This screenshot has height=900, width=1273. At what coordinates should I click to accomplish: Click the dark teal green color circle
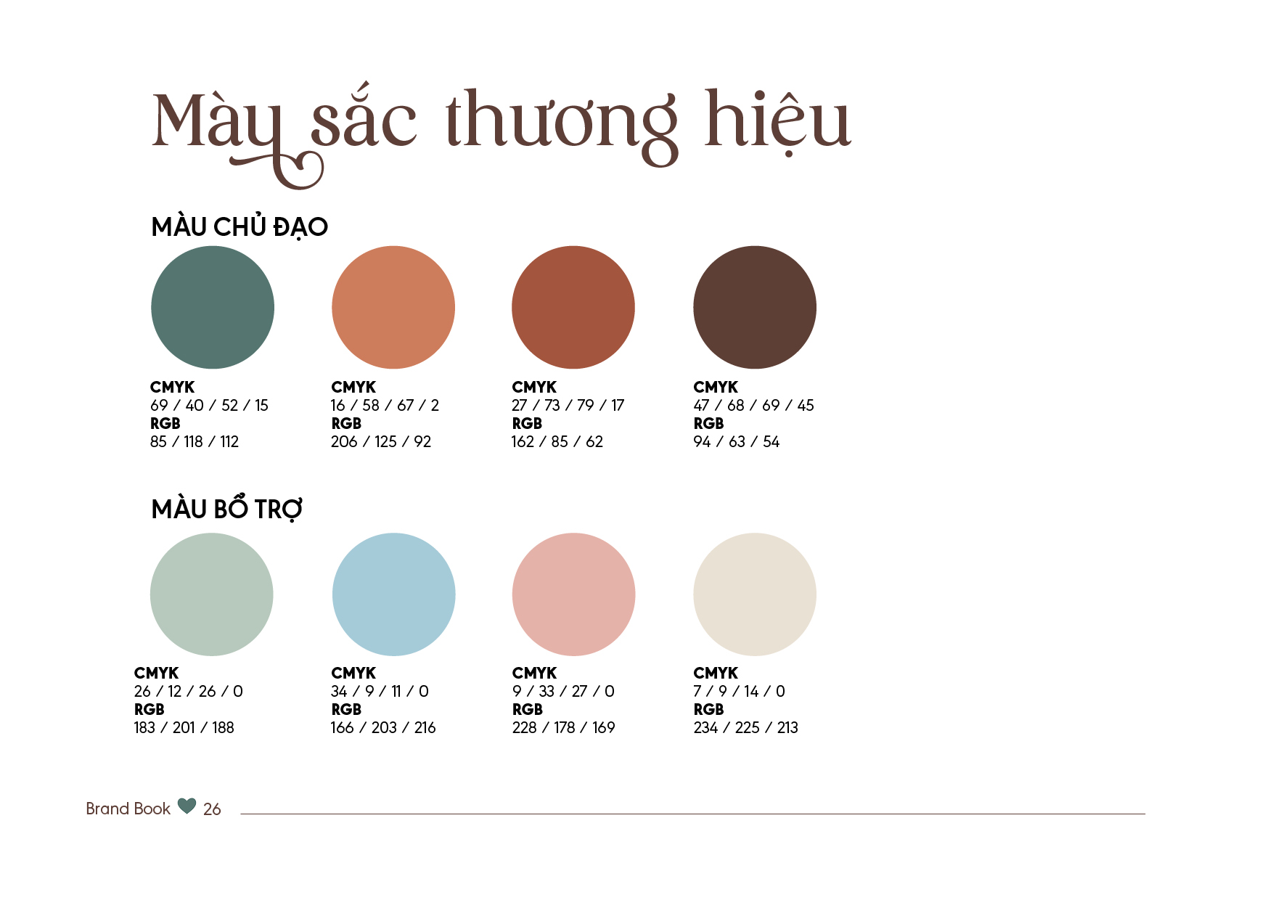click(213, 307)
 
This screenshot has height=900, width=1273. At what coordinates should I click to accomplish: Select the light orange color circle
click(393, 307)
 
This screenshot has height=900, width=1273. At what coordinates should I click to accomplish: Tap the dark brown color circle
click(755, 307)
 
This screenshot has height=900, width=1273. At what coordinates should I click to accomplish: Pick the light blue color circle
click(394, 594)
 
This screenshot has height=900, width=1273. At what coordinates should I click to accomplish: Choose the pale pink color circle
click(574, 594)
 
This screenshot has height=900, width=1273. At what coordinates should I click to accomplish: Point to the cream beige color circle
click(755, 594)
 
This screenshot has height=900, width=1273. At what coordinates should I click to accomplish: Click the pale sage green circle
click(212, 594)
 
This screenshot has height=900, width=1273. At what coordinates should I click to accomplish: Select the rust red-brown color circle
click(573, 307)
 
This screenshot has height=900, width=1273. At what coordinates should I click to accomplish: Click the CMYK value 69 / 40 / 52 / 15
click(209, 405)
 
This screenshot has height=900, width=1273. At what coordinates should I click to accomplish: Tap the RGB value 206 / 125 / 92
click(381, 441)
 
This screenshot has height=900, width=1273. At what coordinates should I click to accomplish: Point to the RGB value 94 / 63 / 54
click(737, 441)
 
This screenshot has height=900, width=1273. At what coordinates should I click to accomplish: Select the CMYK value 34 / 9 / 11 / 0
click(380, 691)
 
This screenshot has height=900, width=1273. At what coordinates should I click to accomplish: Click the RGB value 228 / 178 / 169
click(564, 727)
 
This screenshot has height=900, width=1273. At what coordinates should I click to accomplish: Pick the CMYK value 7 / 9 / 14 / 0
click(739, 691)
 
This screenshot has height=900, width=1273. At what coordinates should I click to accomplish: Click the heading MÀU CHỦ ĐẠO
click(240, 227)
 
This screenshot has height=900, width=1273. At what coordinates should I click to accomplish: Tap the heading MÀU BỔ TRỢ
click(227, 509)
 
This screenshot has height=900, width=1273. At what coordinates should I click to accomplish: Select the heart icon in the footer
click(187, 806)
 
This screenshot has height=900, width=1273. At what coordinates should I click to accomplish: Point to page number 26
click(212, 809)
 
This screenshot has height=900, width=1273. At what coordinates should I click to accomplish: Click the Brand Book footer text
click(128, 809)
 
